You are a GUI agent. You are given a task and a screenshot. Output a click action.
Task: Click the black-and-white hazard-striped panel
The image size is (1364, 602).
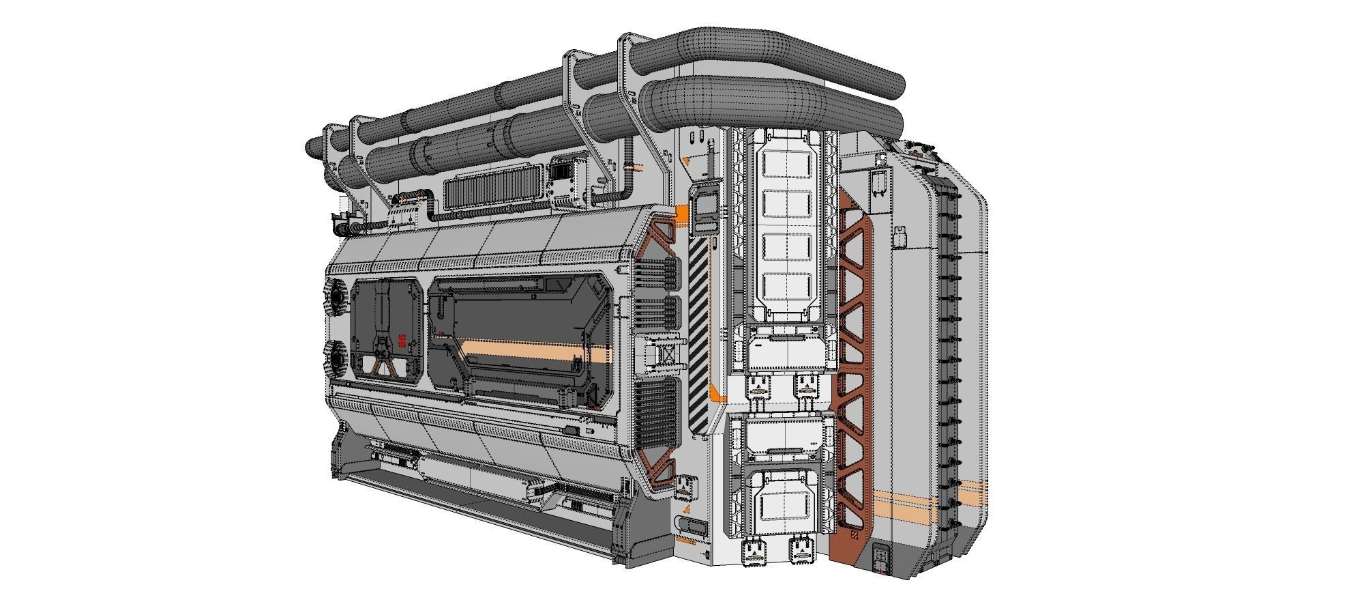(698, 334)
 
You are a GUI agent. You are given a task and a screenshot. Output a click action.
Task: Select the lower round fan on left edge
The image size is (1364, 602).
(337, 358)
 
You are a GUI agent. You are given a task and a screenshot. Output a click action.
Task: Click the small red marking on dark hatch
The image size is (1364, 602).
(402, 339)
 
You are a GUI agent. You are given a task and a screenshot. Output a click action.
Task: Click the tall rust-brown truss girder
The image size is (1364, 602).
(854, 369)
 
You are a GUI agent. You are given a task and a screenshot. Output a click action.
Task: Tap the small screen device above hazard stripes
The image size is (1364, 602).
(705, 208)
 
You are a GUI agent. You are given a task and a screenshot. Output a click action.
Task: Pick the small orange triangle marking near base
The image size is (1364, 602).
(686, 508)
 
